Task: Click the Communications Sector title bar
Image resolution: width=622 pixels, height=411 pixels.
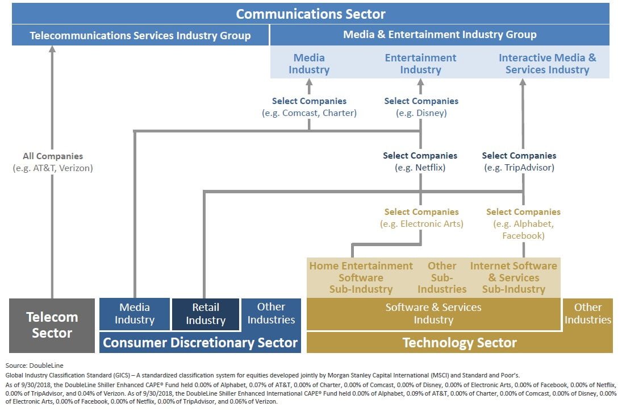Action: click(x=311, y=14)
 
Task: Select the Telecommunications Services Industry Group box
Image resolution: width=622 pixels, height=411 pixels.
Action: click(x=140, y=36)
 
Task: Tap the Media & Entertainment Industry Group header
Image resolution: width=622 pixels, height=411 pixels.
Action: click(x=439, y=35)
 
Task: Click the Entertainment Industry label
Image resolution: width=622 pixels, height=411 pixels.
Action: click(x=420, y=64)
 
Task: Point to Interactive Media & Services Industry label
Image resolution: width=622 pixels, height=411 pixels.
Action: click(x=547, y=64)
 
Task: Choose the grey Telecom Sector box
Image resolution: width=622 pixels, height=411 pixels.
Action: click(x=52, y=325)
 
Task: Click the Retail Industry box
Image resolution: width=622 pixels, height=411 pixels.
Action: click(x=205, y=314)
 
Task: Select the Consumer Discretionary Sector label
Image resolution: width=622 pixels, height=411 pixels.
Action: click(x=200, y=342)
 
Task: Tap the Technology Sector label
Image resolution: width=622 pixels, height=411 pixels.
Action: click(x=459, y=343)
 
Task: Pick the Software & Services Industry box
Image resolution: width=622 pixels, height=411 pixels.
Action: click(x=433, y=313)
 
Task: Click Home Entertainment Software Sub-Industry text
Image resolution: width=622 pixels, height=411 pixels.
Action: click(x=361, y=277)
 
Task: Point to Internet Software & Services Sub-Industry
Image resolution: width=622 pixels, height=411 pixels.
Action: click(x=514, y=277)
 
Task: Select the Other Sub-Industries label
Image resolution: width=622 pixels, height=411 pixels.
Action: click(x=442, y=277)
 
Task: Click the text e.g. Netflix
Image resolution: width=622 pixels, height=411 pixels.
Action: click(x=420, y=168)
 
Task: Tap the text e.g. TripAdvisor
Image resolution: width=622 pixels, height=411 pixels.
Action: click(x=519, y=168)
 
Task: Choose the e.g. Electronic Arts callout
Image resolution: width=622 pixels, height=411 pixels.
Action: click(x=421, y=224)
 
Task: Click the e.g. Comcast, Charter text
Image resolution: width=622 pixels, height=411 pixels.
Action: click(x=309, y=113)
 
